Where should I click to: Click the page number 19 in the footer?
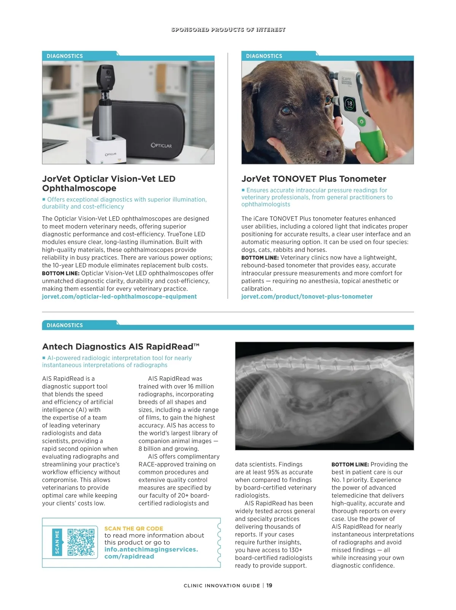(x=269, y=585)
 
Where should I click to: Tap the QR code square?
(x=81, y=542)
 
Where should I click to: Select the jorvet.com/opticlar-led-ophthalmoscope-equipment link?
(x=119, y=297)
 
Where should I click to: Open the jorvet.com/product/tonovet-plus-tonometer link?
(x=307, y=297)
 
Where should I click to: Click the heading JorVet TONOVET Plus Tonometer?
(x=313, y=179)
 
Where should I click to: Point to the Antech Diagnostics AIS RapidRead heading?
(x=120, y=347)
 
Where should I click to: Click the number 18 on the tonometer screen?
(x=349, y=104)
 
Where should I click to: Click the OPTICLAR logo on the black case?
(x=161, y=145)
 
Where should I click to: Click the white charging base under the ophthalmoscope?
(x=106, y=150)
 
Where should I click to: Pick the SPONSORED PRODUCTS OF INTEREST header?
(x=228, y=30)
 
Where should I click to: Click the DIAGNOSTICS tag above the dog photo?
(x=264, y=56)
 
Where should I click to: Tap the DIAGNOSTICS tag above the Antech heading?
(x=65, y=326)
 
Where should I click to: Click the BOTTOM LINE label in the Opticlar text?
(x=60, y=273)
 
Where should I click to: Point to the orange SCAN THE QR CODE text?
(x=133, y=528)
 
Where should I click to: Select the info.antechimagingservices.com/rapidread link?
(x=151, y=553)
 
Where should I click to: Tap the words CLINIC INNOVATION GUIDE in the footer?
(x=222, y=586)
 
